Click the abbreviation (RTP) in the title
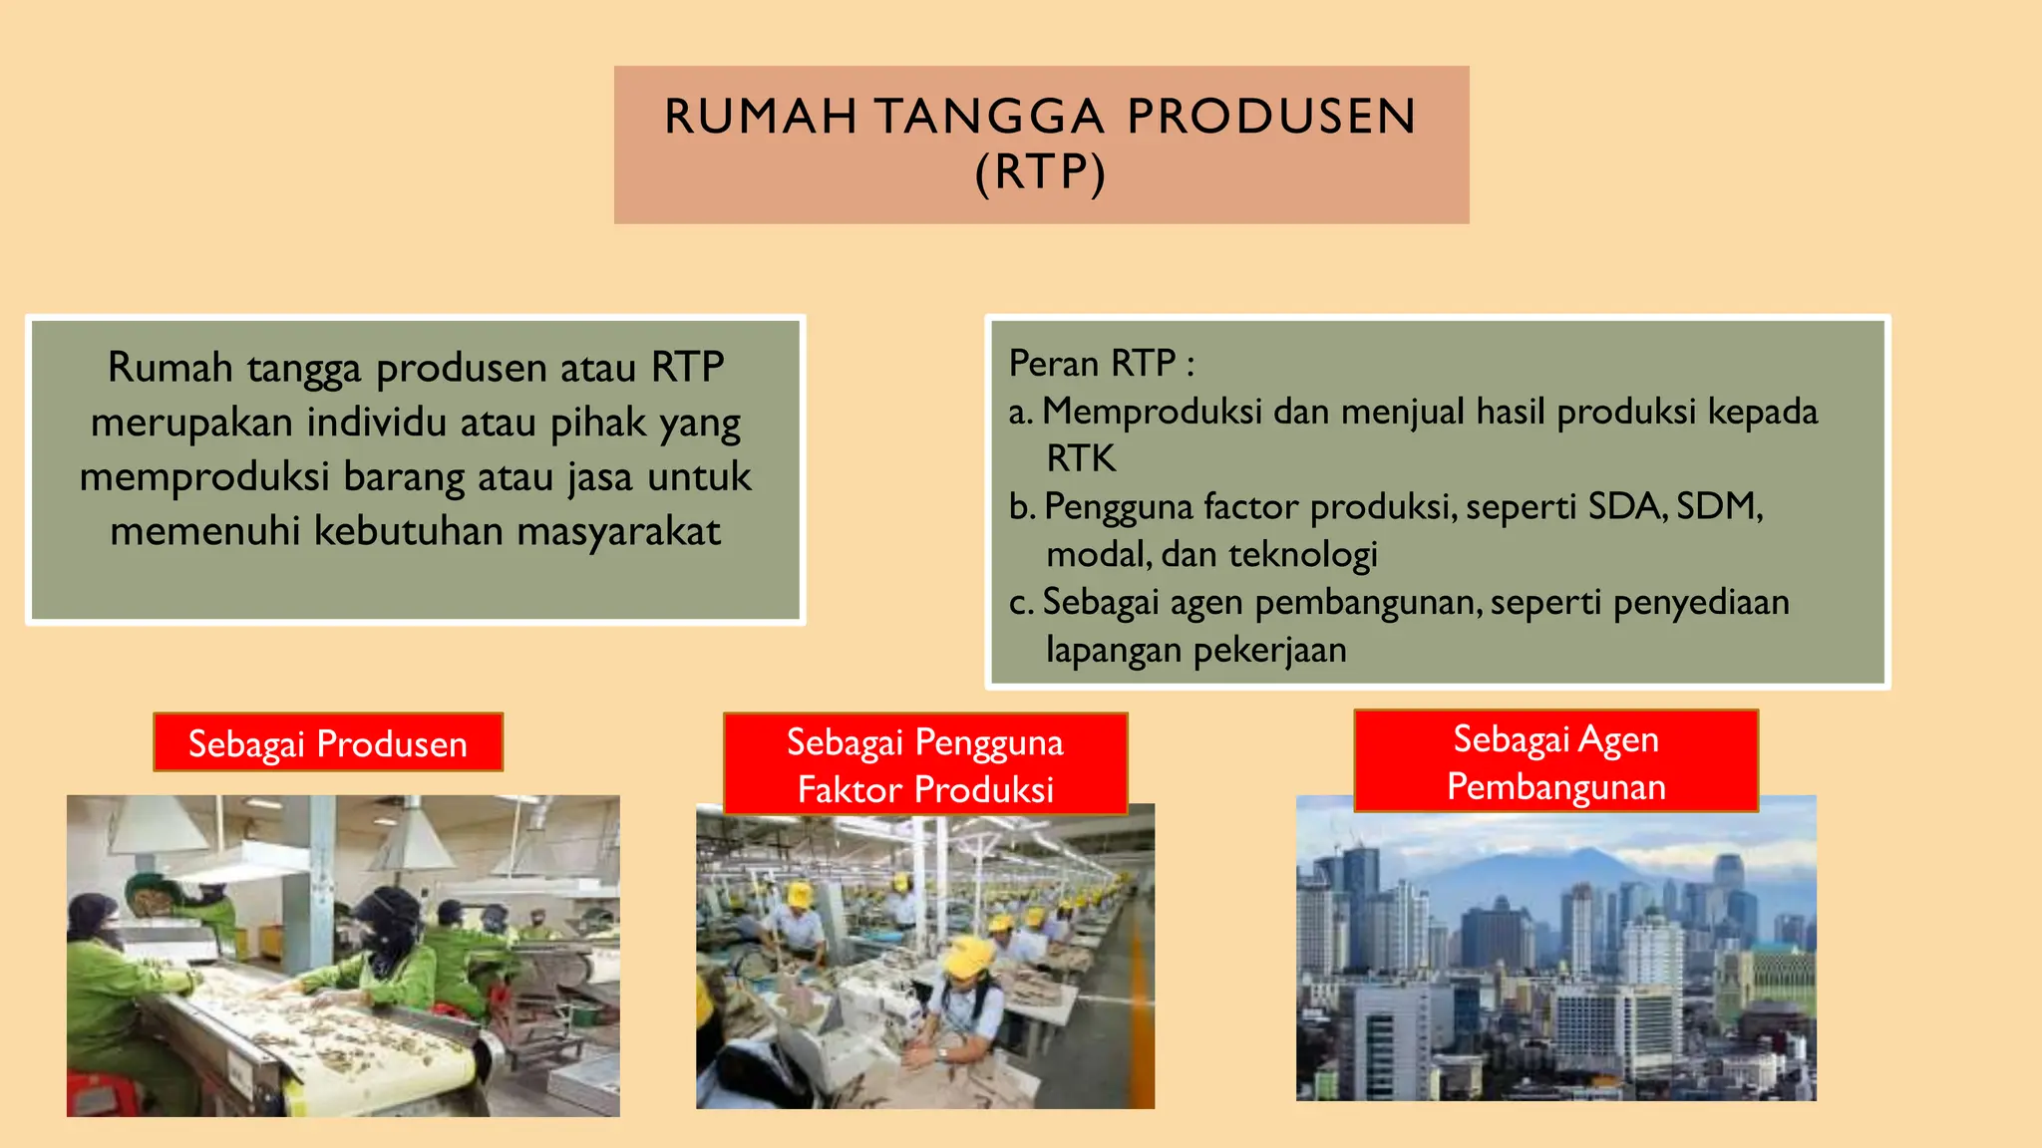pos(1040,172)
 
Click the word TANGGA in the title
pos(990,117)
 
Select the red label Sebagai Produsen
pos(328,743)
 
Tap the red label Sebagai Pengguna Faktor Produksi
pos(925,765)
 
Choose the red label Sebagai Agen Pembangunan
pos(1555,762)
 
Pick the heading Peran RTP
pos(1101,363)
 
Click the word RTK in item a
pos(1081,458)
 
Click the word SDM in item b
pos(1717,506)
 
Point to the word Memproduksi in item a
pos(1153,411)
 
